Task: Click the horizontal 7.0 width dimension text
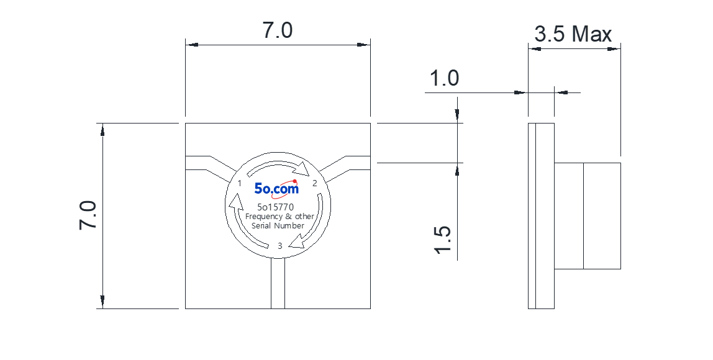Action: coord(278,30)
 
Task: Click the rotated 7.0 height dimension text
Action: coord(88,215)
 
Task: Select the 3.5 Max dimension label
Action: coord(573,34)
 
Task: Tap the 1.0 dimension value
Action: coord(444,78)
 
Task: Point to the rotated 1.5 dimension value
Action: coord(443,240)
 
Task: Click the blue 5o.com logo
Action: coord(276,188)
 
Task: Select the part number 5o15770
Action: coord(276,208)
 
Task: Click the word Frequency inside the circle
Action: coord(264,217)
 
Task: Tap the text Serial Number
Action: coord(278,226)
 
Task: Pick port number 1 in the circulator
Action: coord(240,184)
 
